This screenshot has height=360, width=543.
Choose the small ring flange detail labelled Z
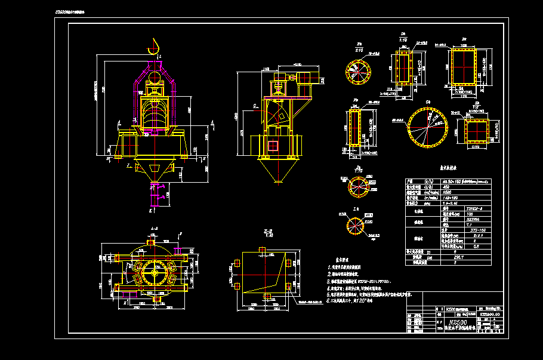[356, 227]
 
